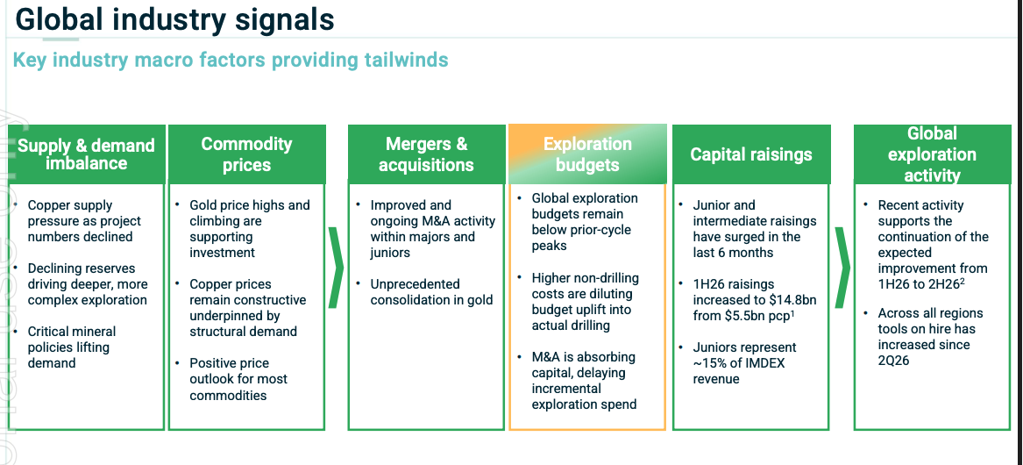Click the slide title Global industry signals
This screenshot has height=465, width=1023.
[174, 19]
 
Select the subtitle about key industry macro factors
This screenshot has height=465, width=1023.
[231, 60]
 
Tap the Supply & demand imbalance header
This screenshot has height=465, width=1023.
[86, 154]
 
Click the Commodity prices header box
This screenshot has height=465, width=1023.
[246, 154]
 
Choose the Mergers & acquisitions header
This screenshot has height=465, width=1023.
[426, 154]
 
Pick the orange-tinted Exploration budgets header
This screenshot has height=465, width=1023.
[587, 154]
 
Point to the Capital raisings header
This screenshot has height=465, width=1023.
[751, 154]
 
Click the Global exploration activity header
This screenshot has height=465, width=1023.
[933, 154]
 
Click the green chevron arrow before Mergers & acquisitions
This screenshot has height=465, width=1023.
[336, 267]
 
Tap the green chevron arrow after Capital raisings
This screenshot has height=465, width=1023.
[843, 267]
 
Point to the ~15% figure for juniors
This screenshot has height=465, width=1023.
[708, 363]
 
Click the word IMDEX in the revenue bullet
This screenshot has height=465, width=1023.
[764, 363]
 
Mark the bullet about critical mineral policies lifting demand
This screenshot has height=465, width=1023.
[71, 347]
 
